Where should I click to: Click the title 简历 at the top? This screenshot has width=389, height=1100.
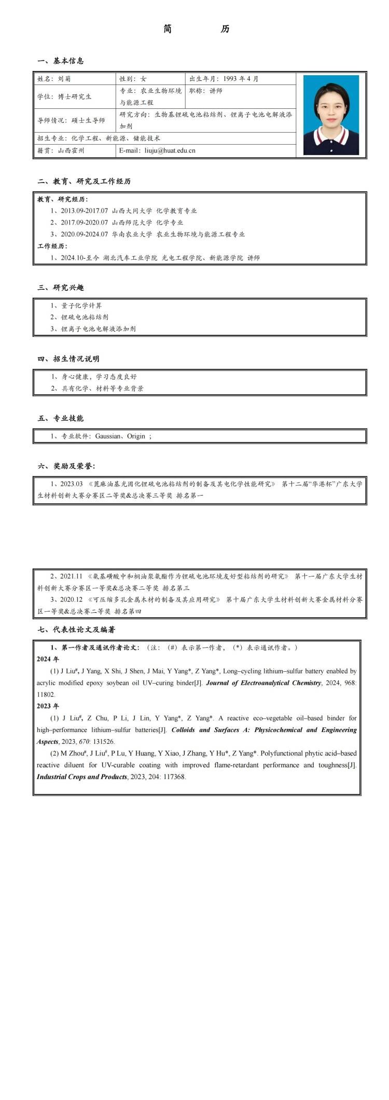(196, 29)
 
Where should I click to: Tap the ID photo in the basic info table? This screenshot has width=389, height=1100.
(331, 115)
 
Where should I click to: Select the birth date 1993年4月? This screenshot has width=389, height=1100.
(241, 79)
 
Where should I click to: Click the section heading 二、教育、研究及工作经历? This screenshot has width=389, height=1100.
(84, 181)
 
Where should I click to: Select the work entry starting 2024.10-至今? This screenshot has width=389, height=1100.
(155, 258)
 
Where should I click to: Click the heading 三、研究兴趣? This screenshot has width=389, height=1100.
(61, 288)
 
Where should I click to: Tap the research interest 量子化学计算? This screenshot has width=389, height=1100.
(81, 305)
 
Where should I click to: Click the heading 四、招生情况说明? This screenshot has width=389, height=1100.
(68, 359)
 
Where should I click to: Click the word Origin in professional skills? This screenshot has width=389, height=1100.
(136, 436)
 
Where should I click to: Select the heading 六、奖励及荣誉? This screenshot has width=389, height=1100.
(66, 466)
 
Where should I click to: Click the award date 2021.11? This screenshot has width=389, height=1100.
(71, 576)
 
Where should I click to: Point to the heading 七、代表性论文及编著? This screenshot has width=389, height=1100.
(76, 630)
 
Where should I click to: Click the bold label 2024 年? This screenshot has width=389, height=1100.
(48, 659)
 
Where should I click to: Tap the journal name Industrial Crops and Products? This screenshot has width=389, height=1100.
(82, 777)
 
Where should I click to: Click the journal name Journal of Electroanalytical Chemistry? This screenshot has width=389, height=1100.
(263, 683)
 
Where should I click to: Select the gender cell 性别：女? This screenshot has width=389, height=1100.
(133, 79)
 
